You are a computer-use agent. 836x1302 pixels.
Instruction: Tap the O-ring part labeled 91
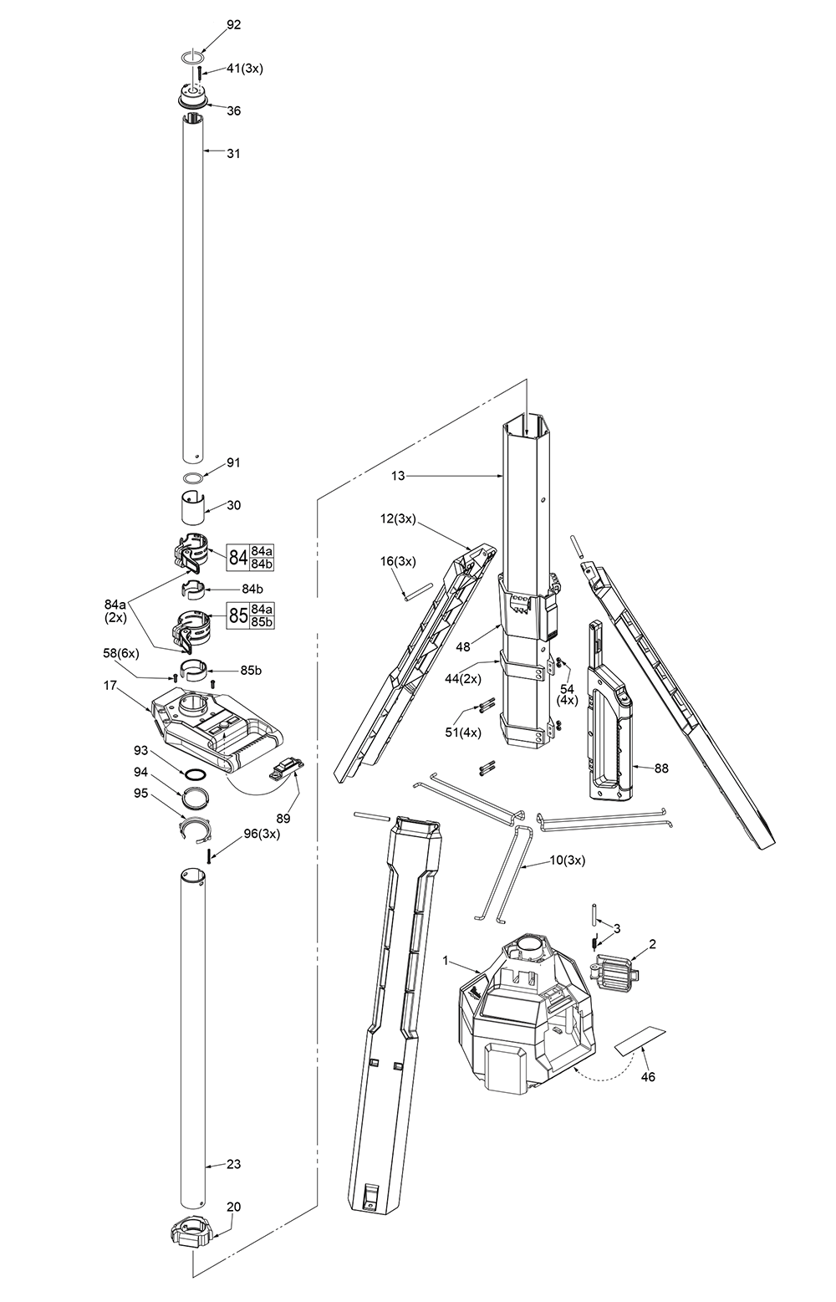point(193,478)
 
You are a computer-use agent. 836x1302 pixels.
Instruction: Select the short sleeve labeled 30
point(193,507)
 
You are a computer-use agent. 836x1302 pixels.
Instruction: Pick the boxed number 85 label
point(238,616)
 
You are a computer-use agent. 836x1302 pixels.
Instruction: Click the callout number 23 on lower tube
point(233,1164)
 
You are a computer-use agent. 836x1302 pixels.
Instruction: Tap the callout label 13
point(397,476)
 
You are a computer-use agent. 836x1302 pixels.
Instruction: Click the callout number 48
point(462,646)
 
